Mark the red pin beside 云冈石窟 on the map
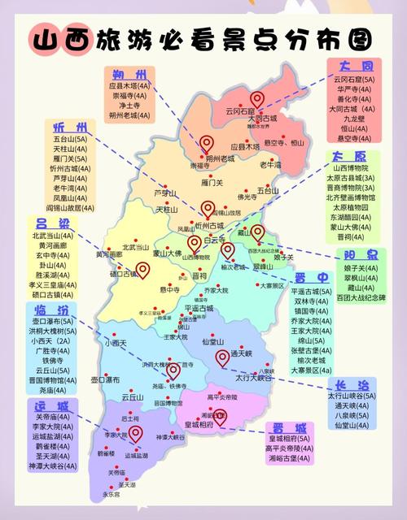pos(257,99)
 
